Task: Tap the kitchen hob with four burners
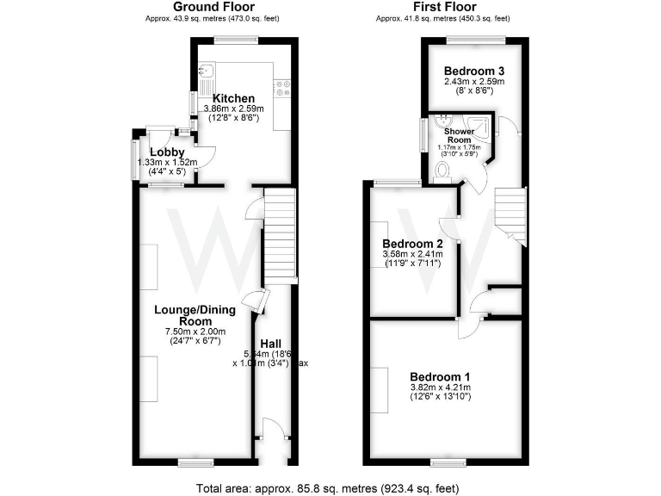[x=282, y=85]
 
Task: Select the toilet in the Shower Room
[x=444, y=173]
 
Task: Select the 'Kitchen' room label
[x=232, y=98]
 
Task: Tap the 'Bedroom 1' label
[x=440, y=376]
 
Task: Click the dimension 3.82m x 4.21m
[x=440, y=387]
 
